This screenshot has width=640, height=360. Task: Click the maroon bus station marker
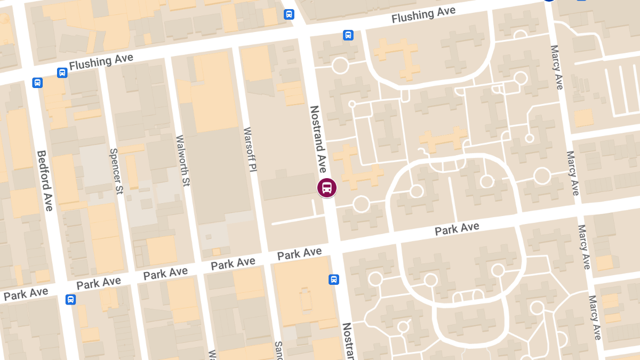click(327, 188)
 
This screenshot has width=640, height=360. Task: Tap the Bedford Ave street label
click(45, 180)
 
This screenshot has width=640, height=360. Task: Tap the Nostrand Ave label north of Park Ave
click(318, 139)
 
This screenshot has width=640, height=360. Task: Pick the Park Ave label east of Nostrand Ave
click(457, 229)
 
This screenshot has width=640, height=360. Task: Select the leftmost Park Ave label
click(26, 294)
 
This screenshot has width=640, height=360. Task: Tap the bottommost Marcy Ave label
click(595, 317)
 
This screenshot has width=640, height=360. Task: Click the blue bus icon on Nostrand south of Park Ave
click(334, 279)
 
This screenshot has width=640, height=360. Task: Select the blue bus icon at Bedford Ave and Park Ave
click(70, 299)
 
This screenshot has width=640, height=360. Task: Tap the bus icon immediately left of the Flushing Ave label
click(62, 73)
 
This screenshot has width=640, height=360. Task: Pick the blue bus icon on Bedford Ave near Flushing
click(37, 83)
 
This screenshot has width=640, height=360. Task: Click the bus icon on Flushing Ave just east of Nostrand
click(348, 35)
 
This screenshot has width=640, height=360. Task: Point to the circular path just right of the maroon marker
click(361, 204)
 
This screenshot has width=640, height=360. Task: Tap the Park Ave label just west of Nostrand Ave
click(299, 253)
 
